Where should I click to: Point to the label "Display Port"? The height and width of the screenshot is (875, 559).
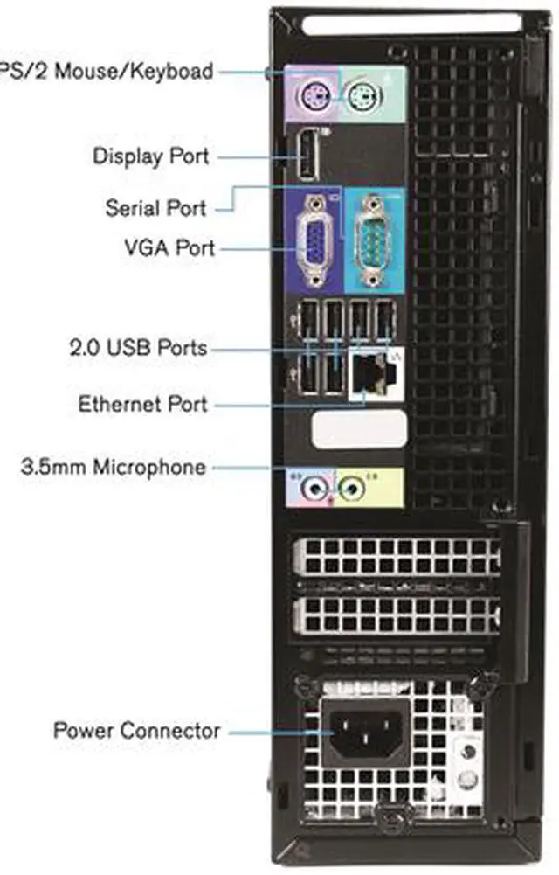tap(151, 156)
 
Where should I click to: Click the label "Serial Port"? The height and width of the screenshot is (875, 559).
tap(155, 208)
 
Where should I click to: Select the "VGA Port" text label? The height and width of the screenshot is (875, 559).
tap(169, 247)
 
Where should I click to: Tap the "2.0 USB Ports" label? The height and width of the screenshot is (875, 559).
tap(138, 348)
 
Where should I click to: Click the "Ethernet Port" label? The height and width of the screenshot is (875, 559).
tap(143, 405)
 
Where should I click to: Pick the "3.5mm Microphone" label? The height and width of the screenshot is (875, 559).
tap(114, 467)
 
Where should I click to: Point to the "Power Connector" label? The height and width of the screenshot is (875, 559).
tap(137, 730)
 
